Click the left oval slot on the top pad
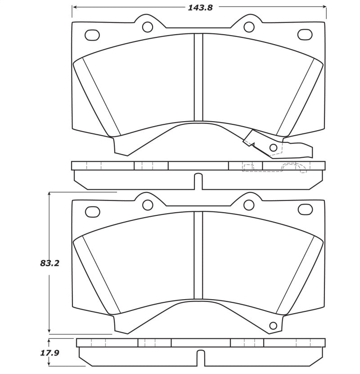pos(92,34)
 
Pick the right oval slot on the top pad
pos(305,34)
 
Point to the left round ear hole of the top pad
pos(147,27)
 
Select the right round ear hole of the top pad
pos(249,27)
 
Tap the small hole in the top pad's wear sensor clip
pos(273,147)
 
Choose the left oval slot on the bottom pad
pos(92,210)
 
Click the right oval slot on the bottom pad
pos(305,210)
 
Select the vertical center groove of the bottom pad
pos(198,255)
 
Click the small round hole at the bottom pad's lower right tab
pos(272,326)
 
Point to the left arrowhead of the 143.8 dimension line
pos(75,7)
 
